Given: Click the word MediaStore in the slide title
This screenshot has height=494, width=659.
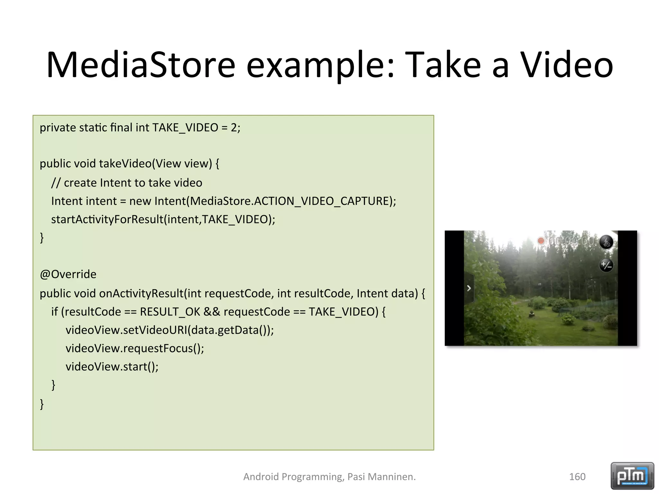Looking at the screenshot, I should (x=141, y=65).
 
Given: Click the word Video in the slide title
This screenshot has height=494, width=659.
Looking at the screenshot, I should (x=567, y=65).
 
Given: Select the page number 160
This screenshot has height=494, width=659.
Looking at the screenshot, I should (x=577, y=477).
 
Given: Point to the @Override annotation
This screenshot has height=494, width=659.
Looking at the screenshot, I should (x=68, y=274).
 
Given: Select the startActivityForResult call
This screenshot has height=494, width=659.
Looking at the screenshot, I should (x=163, y=219).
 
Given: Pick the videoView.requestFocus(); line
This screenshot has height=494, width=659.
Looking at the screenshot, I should (x=135, y=348).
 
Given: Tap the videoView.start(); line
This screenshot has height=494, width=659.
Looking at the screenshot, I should (x=112, y=367).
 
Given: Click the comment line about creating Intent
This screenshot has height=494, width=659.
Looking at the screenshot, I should (x=126, y=183).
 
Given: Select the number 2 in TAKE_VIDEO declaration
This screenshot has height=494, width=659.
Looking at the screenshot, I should (x=234, y=128).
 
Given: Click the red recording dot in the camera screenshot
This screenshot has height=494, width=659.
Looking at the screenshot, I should (x=541, y=241).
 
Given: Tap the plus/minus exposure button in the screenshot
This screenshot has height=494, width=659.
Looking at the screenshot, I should (x=606, y=265).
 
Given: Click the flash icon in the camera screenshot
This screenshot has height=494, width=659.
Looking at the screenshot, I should (x=606, y=242).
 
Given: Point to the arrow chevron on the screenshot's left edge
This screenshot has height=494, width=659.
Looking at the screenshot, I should (x=469, y=288).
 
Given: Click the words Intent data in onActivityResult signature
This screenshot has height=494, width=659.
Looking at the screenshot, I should (x=387, y=293).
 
